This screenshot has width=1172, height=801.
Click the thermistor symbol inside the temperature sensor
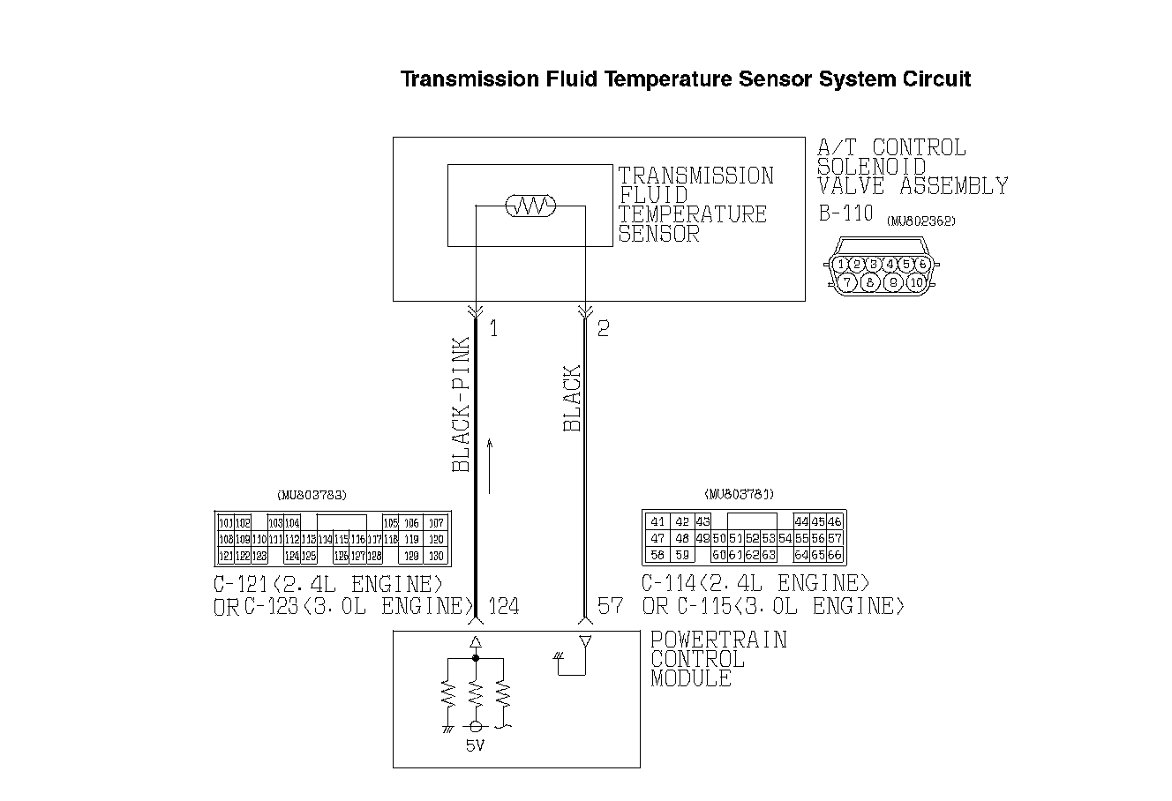tap(530, 206)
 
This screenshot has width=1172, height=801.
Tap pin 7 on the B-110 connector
tap(847, 282)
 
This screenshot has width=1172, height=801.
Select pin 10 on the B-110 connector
tap(915, 282)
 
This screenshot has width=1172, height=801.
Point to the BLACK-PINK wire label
tap(461, 404)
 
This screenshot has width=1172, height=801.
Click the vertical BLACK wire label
tap(573, 399)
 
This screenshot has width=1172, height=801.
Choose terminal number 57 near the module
tap(610, 606)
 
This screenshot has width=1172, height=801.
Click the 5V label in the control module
tap(475, 746)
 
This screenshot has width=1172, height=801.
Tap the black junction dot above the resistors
tap(476, 658)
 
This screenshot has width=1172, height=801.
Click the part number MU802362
tap(921, 221)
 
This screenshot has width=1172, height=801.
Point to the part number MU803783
tap(312, 495)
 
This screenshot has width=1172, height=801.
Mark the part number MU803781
tap(740, 495)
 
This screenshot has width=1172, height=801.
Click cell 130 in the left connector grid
tap(435, 556)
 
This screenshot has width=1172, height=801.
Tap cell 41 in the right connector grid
tap(657, 521)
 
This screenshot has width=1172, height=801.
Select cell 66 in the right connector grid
tap(835, 556)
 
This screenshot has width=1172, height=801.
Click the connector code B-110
tap(845, 213)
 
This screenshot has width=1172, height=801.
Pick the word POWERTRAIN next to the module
tap(718, 640)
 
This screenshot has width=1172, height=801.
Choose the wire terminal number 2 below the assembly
tap(603, 329)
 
